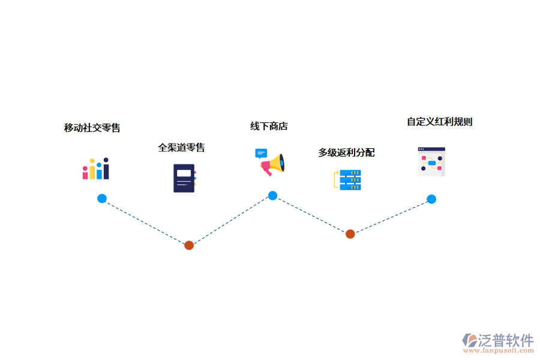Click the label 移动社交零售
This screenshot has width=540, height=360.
click(92, 128)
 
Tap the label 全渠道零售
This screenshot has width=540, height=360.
click(181, 148)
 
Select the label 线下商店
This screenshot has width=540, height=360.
click(269, 126)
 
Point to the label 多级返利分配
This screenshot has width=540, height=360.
click(346, 152)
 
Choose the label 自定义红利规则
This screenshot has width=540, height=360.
click(440, 122)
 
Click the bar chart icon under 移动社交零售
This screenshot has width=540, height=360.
click(96, 169)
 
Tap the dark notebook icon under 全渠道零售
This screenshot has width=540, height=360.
click(184, 178)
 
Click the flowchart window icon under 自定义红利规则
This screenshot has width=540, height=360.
click(431, 161)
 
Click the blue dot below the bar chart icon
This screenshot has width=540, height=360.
click(102, 199)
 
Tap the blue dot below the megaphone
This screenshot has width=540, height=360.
click(272, 196)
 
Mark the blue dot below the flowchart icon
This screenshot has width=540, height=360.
click(431, 199)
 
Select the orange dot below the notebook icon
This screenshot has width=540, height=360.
click(189, 245)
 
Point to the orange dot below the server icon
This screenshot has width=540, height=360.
click(350, 234)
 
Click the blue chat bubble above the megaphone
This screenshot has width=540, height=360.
click(261, 154)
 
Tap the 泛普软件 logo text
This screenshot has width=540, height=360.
click(506, 340)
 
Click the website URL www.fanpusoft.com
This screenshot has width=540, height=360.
click(500, 352)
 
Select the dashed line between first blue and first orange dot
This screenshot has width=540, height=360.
click(145, 221)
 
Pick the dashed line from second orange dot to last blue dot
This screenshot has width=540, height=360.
click(391, 217)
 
